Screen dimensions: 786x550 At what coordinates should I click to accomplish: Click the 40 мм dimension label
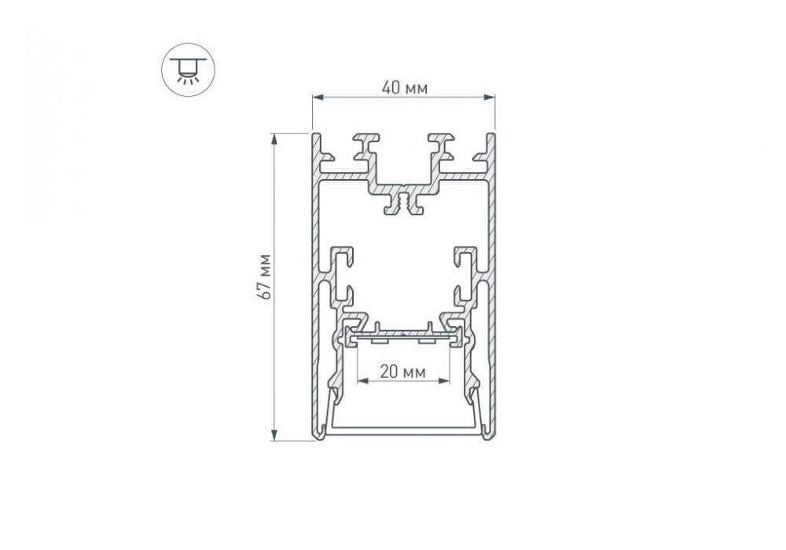[x=404, y=88]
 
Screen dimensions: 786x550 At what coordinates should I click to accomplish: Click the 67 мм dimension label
[x=263, y=277]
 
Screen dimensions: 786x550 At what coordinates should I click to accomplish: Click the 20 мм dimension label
[x=402, y=372]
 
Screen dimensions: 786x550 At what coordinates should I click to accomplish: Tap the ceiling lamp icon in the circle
[x=188, y=70]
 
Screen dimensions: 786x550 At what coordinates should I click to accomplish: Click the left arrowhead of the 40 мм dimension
[x=318, y=97]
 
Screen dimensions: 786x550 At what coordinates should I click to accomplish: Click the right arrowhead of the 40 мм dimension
[x=489, y=97]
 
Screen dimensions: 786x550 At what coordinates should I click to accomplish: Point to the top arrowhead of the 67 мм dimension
[x=274, y=139]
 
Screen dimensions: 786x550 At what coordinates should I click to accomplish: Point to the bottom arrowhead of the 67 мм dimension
[x=274, y=434]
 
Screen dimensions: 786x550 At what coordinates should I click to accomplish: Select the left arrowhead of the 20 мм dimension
[x=362, y=381]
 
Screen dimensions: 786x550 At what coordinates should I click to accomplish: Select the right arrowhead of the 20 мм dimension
[x=443, y=381]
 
